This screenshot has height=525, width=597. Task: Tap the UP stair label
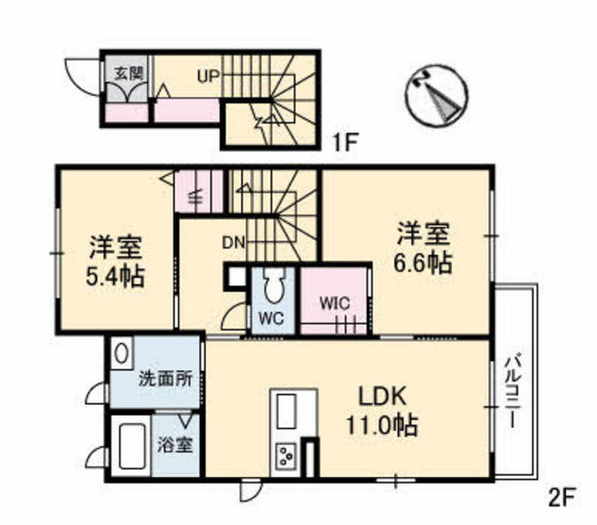pos(208,76)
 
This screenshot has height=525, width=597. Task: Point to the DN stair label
pos(233,243)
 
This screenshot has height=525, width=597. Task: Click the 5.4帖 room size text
pos(115,277)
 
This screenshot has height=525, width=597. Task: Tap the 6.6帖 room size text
pos(423,262)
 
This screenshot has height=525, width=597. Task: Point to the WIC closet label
pos(335,304)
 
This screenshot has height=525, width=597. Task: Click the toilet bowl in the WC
pos(273,286)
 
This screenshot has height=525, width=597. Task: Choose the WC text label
pos(271,318)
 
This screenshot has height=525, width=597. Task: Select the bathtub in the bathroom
pos(132,446)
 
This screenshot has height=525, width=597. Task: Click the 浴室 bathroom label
pos(175,445)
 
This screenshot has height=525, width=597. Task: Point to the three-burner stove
pos(286,455)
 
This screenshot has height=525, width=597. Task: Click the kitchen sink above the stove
pos(286,411)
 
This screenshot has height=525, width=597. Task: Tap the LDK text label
pos(382,396)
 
